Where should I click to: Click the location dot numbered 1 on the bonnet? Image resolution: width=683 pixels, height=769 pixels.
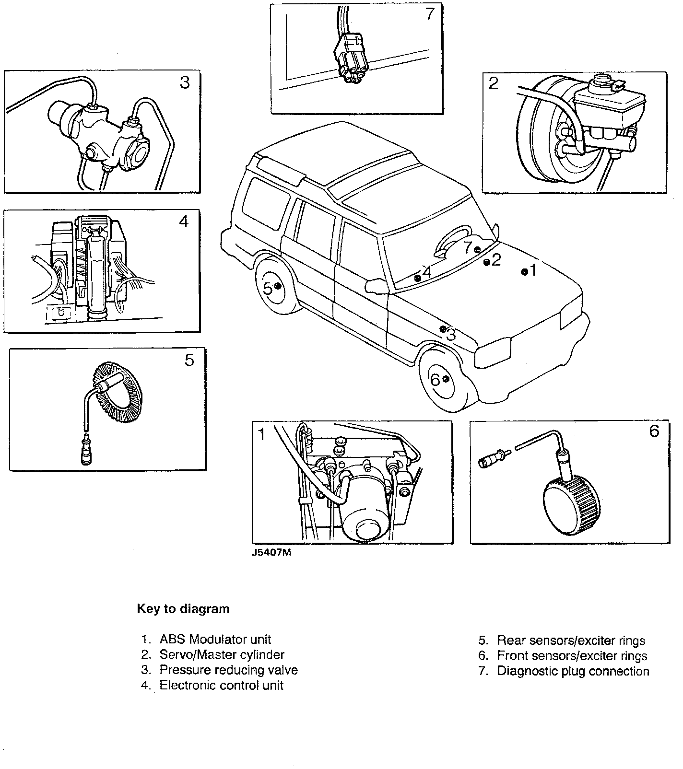coord(524,272)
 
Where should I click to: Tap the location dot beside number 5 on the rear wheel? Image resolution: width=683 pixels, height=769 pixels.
coord(277,286)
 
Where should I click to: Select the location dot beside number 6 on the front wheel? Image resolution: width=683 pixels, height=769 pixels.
coord(446,379)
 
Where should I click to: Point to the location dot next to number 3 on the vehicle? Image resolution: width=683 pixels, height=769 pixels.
coord(443,329)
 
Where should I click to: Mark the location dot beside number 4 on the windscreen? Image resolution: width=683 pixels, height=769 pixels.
coord(417,278)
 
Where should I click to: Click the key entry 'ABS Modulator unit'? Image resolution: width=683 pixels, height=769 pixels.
coord(215,639)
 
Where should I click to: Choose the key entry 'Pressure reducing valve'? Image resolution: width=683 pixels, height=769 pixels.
coord(228,670)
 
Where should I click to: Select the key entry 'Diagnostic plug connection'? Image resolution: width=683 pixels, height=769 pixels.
coord(573,671)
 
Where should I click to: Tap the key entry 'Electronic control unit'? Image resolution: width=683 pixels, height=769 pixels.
coord(221,685)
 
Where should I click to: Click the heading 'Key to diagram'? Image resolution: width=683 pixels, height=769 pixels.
coord(183,609)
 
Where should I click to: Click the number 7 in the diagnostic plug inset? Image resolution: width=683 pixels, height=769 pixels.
coord(429,14)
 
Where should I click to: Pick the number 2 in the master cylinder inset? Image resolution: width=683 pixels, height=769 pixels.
coord(494,83)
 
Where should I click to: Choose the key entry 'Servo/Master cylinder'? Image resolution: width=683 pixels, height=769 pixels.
coord(222,654)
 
